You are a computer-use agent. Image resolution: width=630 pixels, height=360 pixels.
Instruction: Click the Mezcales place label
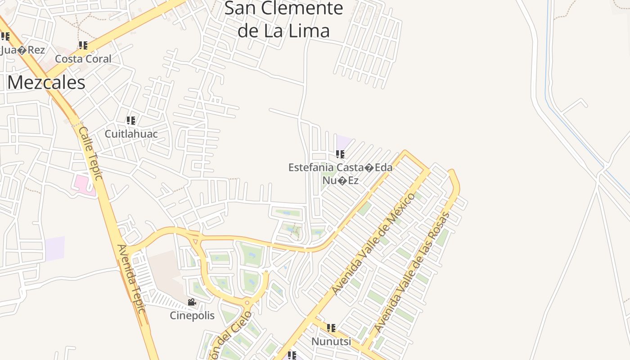pyautogui.click(x=46, y=83)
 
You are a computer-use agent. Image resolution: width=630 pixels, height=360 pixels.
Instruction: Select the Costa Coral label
pyautogui.click(x=83, y=59)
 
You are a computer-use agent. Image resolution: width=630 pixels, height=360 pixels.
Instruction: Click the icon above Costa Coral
pyautogui.click(x=83, y=45)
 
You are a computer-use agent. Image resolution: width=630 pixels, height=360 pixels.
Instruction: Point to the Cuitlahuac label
pyautogui.click(x=131, y=134)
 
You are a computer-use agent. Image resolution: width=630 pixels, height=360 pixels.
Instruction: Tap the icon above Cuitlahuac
pyautogui.click(x=131, y=120)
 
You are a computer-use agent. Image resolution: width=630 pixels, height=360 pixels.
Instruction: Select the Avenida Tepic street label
pyautogui.click(x=131, y=279)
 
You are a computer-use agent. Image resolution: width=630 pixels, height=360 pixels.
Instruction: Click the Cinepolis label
pyautogui.click(x=192, y=315)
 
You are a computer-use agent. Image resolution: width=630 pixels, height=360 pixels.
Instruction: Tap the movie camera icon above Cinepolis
pyautogui.click(x=192, y=302)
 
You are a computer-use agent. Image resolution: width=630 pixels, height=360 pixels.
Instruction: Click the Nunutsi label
pyautogui.click(x=331, y=342)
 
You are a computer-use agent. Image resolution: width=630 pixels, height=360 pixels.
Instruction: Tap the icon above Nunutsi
pyautogui.click(x=331, y=328)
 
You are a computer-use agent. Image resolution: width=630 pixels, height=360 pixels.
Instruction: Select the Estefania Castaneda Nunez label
pyautogui.click(x=340, y=174)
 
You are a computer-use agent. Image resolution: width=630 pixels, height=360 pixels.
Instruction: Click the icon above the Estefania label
pyautogui.click(x=340, y=154)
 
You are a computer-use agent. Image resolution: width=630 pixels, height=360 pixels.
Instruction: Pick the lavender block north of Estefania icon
pyautogui.click(x=344, y=142)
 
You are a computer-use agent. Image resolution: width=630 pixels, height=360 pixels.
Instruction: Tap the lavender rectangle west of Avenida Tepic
pyautogui.click(x=54, y=248)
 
